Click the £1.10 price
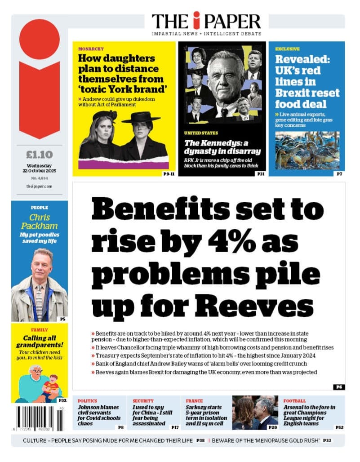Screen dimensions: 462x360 pyautogui.click(x=39, y=155)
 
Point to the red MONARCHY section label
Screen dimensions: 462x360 pyautogui.click(x=91, y=49)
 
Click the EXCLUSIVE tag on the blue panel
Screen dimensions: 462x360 pyautogui.click(x=288, y=49)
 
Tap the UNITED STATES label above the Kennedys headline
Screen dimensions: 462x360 pyautogui.click(x=201, y=133)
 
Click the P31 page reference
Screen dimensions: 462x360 pyautogui.click(x=260, y=173)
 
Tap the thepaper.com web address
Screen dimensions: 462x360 pyautogui.click(x=39, y=186)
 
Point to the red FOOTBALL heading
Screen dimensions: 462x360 pyautogui.click(x=294, y=401)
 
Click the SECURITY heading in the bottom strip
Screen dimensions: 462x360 pyautogui.click(x=143, y=401)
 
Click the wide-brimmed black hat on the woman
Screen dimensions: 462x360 pyautogui.click(x=141, y=117)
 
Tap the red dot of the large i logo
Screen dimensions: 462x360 pyautogui.click(x=40, y=39)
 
